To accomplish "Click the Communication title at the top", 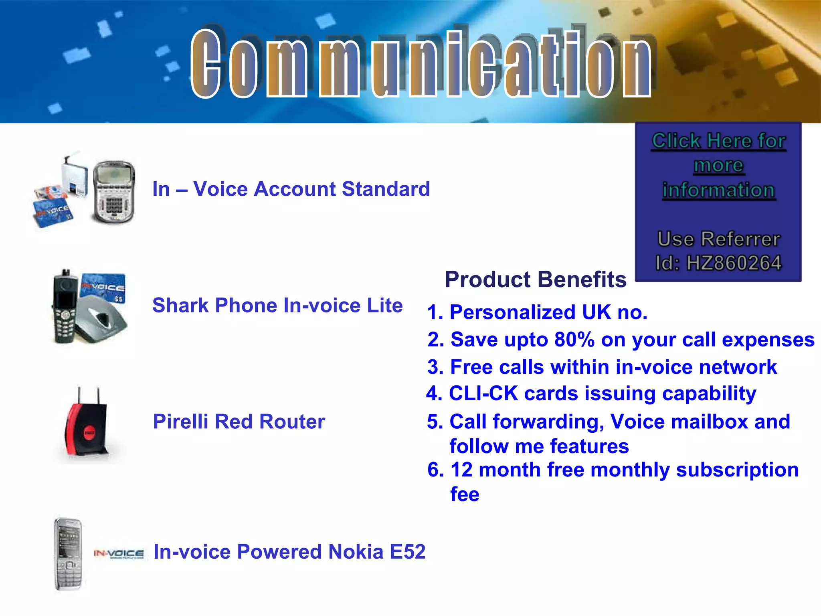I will click(x=421, y=64).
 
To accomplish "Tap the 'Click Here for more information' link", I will click(x=718, y=165).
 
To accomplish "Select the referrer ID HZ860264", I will click(x=734, y=263).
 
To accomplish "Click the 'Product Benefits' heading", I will click(x=535, y=280).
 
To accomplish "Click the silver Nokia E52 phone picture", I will click(x=69, y=554).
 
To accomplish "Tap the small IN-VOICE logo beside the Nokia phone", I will click(x=119, y=554).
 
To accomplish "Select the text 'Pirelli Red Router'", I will click(x=239, y=422).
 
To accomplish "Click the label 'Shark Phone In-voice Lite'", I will click(x=277, y=306).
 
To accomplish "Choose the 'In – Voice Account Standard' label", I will click(x=291, y=189).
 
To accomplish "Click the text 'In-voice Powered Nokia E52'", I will click(x=289, y=552).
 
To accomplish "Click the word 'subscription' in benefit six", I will click(x=737, y=470).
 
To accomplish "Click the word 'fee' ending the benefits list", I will click(x=465, y=494).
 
